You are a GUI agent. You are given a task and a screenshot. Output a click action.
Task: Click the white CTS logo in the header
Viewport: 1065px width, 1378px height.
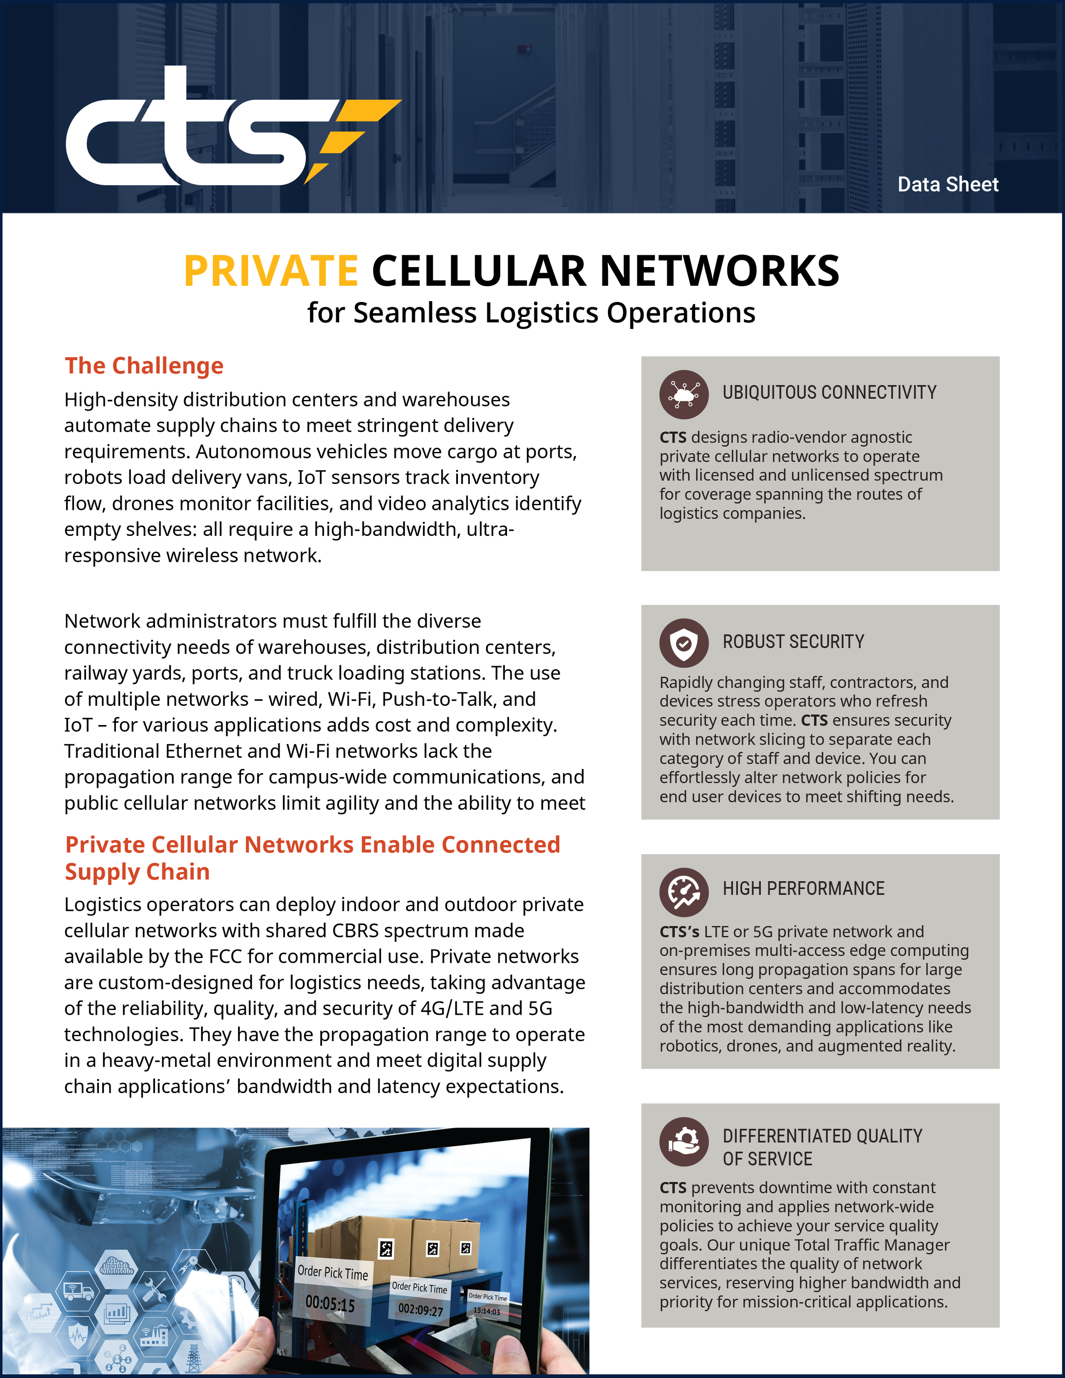point(189,135)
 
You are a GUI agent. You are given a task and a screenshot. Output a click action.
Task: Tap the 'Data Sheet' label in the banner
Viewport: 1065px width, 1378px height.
point(948,184)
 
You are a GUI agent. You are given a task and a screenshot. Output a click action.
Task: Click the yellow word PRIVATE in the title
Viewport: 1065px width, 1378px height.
point(271,271)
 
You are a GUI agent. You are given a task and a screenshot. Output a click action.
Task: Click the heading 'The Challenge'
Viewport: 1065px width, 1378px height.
point(144,366)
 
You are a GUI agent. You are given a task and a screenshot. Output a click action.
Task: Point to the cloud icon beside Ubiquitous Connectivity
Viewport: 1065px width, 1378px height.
point(683,394)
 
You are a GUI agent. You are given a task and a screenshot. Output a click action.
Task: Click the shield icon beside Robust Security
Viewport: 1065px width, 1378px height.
point(683,643)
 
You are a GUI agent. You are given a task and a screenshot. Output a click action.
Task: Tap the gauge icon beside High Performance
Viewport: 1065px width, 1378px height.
point(683,892)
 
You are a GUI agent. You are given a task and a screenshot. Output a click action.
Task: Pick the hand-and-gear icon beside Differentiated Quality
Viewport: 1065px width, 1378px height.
point(683,1142)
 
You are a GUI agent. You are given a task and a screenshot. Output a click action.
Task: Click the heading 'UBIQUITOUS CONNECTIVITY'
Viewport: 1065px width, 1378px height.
point(829,392)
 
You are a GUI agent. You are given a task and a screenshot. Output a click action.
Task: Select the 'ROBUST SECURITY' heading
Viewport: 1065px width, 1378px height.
point(793,642)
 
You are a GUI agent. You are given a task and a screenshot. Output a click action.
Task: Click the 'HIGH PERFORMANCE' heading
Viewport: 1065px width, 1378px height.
point(803,889)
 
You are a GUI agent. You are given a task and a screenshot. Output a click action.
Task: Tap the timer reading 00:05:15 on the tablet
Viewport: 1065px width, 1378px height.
point(330,1303)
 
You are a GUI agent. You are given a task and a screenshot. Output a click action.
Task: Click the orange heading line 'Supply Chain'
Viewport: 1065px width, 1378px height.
point(138,872)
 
